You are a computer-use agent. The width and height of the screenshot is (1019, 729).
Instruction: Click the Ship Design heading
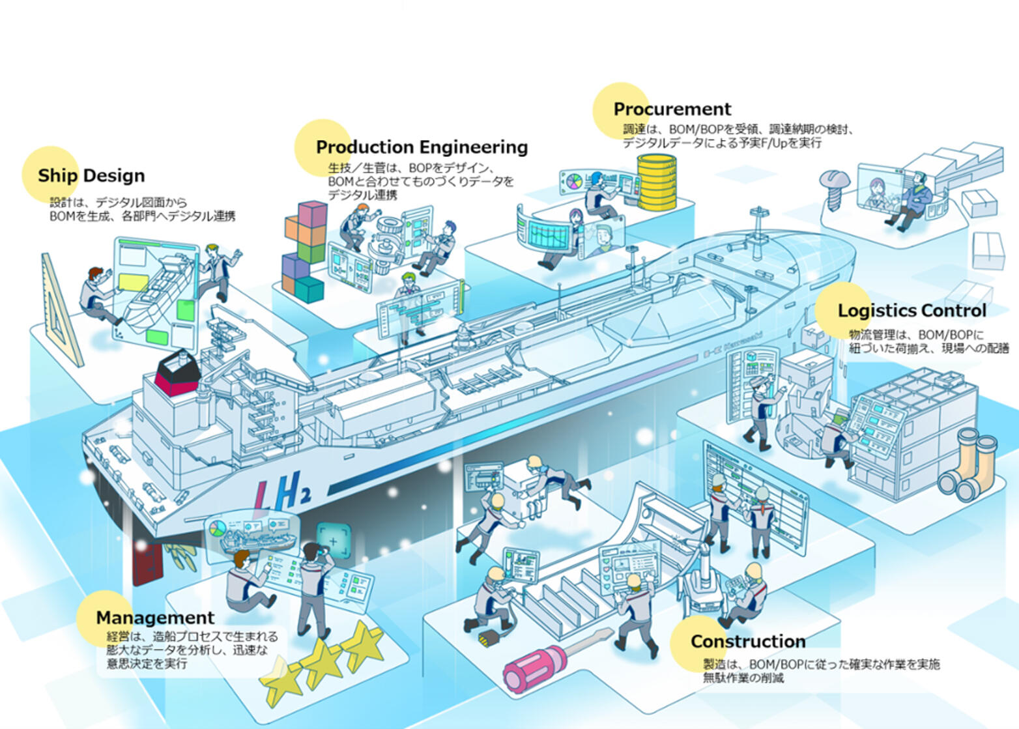(x=91, y=176)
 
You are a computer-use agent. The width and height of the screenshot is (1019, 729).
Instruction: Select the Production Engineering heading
(x=422, y=147)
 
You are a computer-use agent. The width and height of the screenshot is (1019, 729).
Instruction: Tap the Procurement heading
(x=672, y=109)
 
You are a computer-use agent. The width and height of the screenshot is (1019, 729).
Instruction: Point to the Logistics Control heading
(x=912, y=311)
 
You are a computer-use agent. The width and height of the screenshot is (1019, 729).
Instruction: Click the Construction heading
(x=749, y=641)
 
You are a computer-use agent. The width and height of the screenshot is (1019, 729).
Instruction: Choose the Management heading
(x=155, y=618)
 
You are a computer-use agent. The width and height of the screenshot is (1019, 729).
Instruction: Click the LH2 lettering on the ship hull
(x=283, y=492)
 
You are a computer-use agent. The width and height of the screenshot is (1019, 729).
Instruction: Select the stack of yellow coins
(x=657, y=182)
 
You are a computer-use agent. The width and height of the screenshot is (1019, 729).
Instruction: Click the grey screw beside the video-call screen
(x=835, y=189)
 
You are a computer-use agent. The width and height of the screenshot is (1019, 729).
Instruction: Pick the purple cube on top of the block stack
(x=313, y=214)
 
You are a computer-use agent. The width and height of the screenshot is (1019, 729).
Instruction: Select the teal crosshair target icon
(x=334, y=541)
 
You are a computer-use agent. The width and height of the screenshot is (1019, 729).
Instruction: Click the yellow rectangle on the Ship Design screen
(x=133, y=282)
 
